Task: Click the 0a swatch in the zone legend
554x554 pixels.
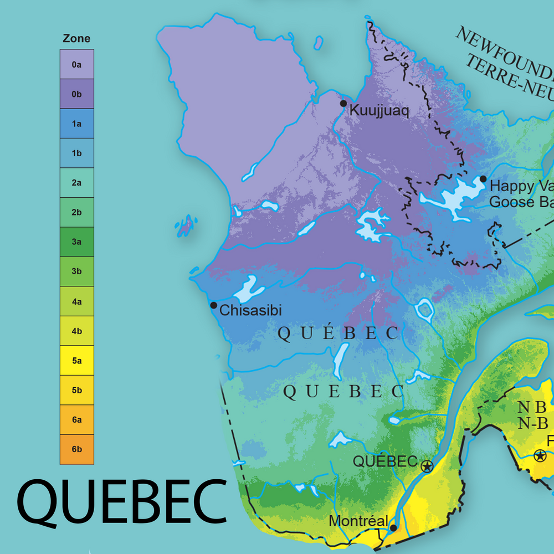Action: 77,64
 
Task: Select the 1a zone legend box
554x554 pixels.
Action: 77,124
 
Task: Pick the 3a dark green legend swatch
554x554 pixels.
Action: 77,242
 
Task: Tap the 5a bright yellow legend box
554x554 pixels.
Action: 77,361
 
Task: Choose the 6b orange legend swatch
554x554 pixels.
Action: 77,449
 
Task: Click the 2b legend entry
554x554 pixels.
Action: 77,212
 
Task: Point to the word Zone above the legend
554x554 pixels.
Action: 76,39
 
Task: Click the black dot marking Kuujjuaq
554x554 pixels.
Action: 343,104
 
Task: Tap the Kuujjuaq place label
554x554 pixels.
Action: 379,111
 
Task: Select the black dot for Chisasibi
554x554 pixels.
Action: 213,305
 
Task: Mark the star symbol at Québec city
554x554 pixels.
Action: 427,466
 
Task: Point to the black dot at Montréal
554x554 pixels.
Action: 393,528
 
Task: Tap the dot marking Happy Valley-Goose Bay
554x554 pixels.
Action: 483,178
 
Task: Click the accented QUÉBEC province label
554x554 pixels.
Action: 337,333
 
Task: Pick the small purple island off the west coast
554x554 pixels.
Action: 186,224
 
